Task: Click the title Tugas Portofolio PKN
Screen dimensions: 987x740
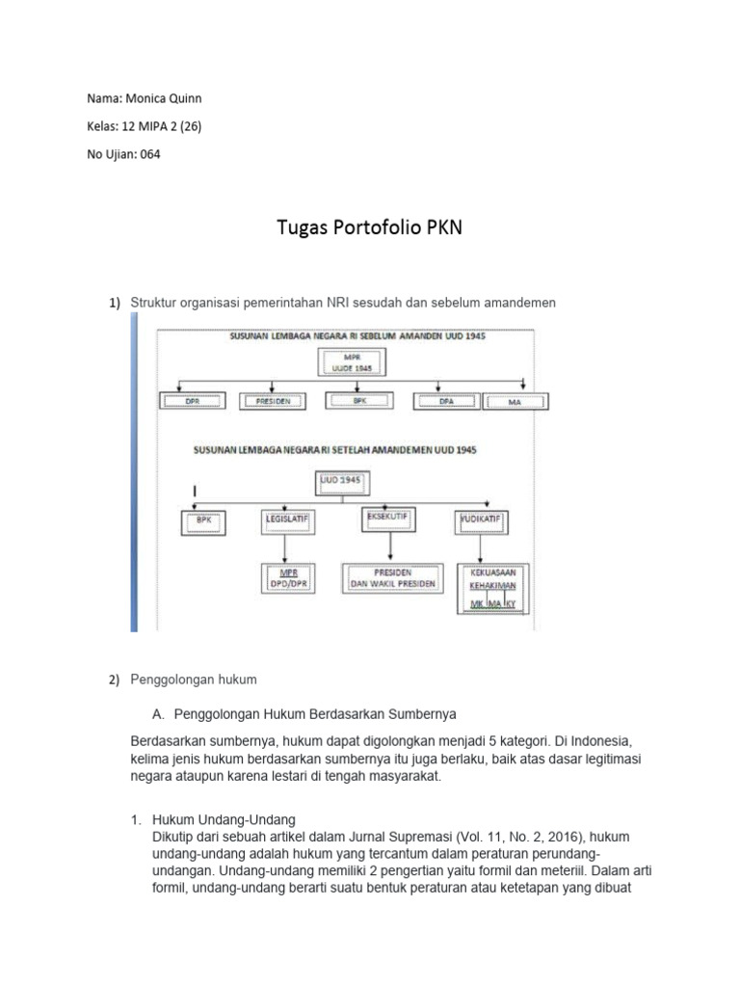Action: click(x=369, y=228)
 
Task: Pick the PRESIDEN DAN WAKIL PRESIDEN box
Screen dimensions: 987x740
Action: click(x=391, y=576)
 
